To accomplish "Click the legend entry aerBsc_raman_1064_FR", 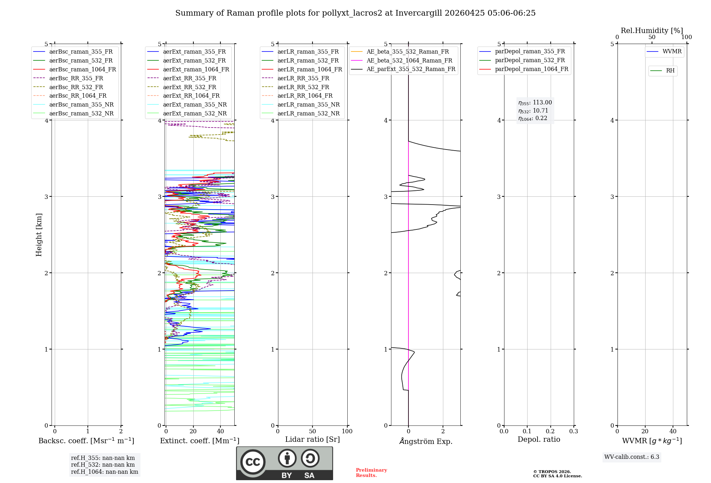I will pos(82,69).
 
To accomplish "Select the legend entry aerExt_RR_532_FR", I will pos(189,87).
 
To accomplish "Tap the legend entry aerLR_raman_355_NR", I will pos(308,104).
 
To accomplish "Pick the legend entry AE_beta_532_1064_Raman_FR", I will pos(409,60).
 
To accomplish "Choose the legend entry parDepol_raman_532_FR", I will pos(530,60).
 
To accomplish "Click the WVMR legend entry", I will pos(672,51).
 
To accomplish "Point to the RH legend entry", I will pos(670,71).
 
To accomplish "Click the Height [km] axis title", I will pos(39,235).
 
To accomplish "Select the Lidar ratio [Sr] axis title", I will pos(312,439).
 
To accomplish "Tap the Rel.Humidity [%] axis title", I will pos(652,31).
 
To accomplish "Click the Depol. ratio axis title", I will pos(539,439).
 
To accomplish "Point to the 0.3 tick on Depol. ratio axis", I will pos(573,432).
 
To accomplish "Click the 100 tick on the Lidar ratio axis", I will pos(347,432).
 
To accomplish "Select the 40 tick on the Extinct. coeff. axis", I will pos(220,432).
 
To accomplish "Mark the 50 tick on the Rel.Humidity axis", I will pos(652,37).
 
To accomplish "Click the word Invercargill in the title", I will pos(419,13).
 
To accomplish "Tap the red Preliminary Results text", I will pos(371,473).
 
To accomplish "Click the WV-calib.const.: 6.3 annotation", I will pos(632,457).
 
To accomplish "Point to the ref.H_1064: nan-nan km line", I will pos(105,472).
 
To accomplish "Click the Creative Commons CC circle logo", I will pos(253,462).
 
